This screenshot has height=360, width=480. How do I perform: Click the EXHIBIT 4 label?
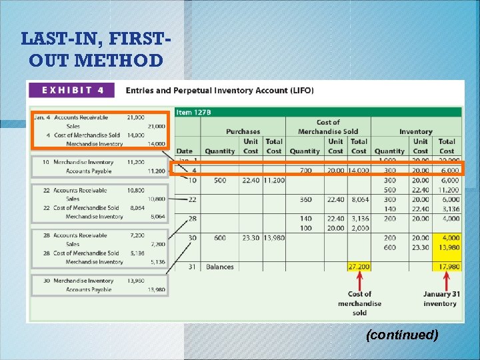point(70,90)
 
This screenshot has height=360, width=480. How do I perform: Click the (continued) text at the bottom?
point(402,335)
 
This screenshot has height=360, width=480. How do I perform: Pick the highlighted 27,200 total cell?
point(359,267)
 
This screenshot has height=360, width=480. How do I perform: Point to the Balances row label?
point(219,267)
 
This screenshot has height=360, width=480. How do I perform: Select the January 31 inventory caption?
point(440,299)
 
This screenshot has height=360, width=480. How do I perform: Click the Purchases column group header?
point(243,132)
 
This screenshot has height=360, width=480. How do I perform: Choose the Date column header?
point(184,151)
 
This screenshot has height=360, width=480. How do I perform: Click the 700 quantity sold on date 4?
point(305,171)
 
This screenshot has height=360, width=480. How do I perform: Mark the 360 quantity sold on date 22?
point(305,199)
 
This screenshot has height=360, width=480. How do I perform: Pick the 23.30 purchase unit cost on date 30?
point(251,238)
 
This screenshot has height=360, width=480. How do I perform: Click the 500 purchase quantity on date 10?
point(219,180)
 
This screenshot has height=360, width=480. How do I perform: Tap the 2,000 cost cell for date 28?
point(359,228)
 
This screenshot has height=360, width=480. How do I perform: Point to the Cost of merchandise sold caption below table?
point(359,303)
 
